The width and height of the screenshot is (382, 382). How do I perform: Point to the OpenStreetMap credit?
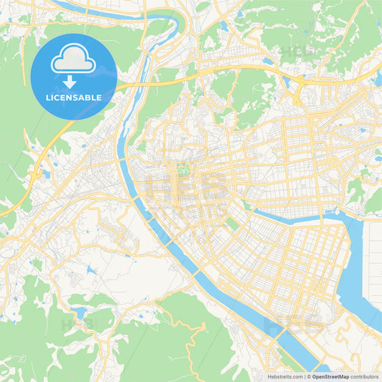(329, 376)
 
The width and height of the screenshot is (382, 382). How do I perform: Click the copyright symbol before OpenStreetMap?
(309, 376)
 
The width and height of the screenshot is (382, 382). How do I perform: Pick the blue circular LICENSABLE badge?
(74, 76)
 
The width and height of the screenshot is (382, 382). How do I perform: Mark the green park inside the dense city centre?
(185, 170)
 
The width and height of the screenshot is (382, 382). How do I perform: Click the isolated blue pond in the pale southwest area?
(91, 271)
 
